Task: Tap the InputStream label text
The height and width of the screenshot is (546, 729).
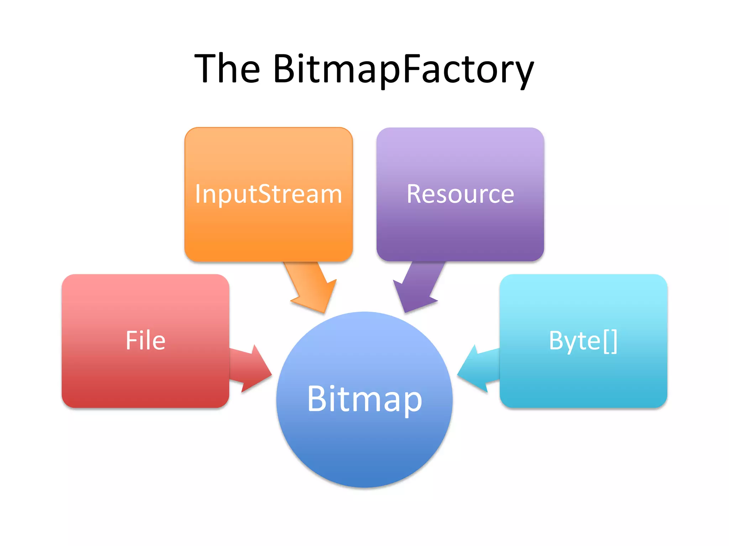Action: coord(268,194)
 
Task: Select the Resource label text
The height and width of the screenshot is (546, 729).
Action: coord(460,194)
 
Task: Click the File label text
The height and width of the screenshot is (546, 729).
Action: coord(145,341)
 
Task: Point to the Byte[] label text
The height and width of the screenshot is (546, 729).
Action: coord(583,341)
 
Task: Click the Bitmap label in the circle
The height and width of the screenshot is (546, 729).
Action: coord(364,400)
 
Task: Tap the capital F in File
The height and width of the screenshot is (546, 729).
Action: coord(131,341)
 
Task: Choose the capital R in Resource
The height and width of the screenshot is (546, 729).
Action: coord(414,194)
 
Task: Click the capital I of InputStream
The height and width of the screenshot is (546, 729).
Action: coord(198,194)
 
